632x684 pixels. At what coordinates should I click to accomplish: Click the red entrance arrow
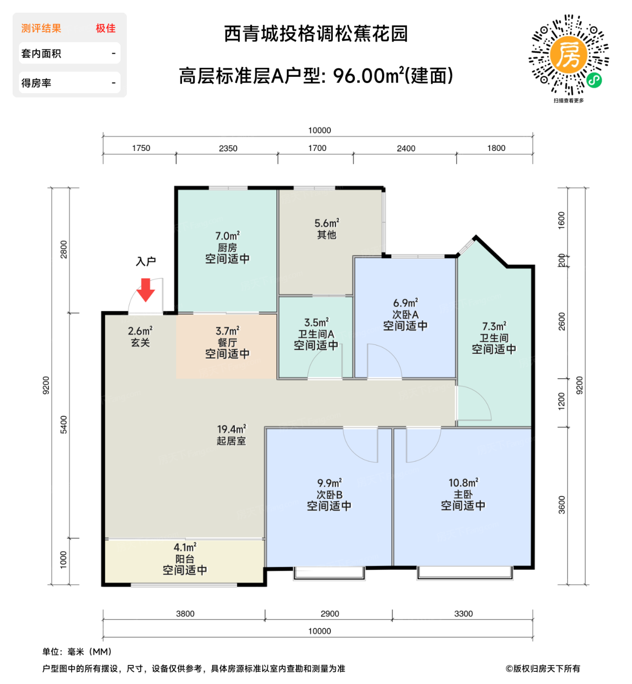[x=145, y=290]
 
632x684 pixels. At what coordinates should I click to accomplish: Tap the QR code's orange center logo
[x=568, y=54]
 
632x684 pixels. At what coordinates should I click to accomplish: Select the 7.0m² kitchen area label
[x=227, y=236]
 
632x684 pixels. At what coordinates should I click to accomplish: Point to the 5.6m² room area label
[x=326, y=223]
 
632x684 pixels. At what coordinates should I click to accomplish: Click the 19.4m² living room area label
[x=231, y=429]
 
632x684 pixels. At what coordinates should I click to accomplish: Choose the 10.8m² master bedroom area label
[x=463, y=483]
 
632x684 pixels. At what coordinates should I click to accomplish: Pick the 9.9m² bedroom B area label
[x=329, y=483]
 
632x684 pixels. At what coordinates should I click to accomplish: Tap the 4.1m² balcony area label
[x=185, y=547]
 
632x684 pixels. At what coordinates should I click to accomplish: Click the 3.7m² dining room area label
[x=227, y=331]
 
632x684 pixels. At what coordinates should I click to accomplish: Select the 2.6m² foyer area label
[x=140, y=331]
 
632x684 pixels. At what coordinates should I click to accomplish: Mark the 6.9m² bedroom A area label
[x=405, y=303]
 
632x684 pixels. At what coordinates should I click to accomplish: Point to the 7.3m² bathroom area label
[x=494, y=326]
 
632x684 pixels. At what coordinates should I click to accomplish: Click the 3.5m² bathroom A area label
[x=316, y=323]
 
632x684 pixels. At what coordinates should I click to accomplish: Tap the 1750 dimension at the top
[x=141, y=148]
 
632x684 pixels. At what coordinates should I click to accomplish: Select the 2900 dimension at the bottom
[x=329, y=613]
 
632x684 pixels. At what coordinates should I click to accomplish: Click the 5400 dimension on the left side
[x=63, y=425]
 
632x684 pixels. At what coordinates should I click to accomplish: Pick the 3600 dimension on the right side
[x=561, y=505]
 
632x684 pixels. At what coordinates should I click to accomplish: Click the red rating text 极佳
[x=105, y=28]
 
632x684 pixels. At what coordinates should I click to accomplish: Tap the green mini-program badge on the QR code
[x=594, y=80]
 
